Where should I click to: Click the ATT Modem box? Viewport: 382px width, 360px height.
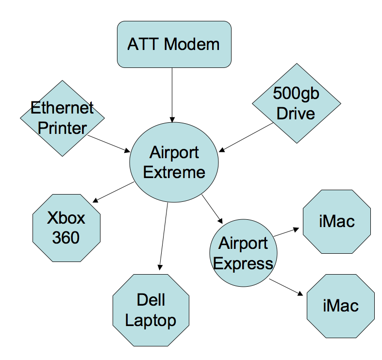tap(174, 44)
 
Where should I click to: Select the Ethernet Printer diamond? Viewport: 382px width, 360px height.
tap(62, 118)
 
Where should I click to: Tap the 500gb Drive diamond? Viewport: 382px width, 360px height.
tap(296, 103)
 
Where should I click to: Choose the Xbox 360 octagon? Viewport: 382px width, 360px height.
tap(66, 228)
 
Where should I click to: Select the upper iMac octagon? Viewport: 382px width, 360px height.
tap(337, 222)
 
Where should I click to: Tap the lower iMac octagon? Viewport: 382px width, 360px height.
tap(340, 306)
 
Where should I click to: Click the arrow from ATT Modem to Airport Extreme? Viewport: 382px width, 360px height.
tap(172, 95)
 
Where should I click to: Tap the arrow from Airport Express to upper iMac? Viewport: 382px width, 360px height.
tap(286, 232)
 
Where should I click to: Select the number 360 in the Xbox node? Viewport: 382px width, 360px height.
tap(66, 238)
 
